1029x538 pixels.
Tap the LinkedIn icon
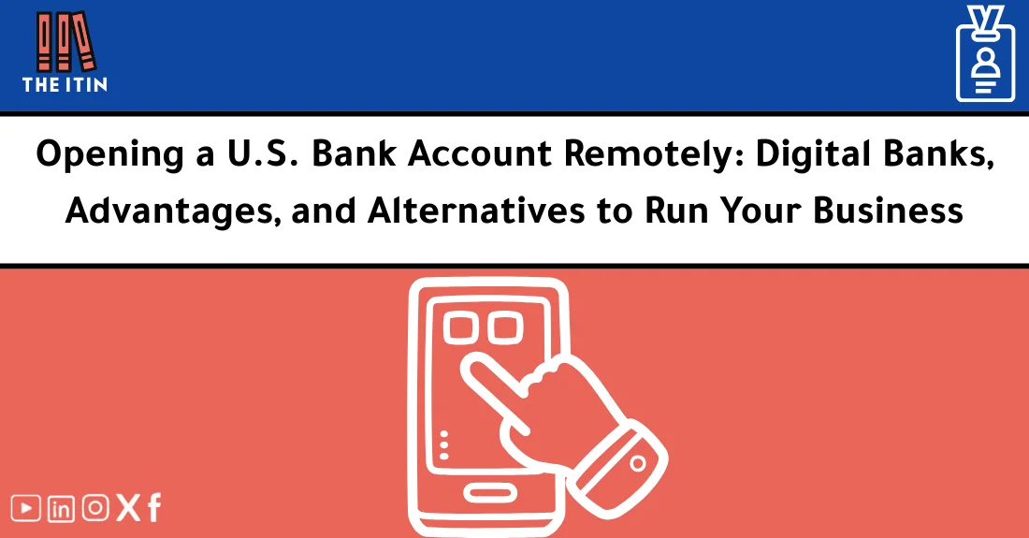click(x=61, y=508)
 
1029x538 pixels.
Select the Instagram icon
click(x=94, y=508)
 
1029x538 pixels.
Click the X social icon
click(x=127, y=508)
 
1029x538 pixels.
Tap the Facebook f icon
click(x=153, y=508)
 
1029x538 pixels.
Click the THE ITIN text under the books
click(x=65, y=84)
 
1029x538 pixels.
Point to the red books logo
click(x=65, y=41)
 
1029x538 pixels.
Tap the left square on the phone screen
click(x=459, y=327)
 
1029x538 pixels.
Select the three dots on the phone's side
click(x=444, y=443)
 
